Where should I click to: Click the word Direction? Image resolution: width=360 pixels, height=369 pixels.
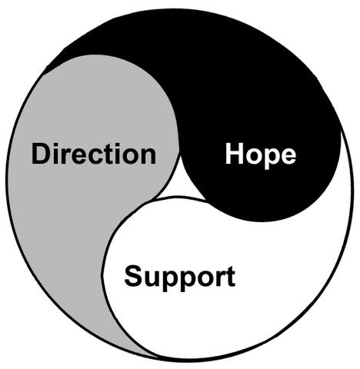(94, 154)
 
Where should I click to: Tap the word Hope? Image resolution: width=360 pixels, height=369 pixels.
(261, 155)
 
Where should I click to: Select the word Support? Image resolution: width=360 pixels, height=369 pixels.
(179, 278)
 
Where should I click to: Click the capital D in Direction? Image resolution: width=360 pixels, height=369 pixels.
(41, 154)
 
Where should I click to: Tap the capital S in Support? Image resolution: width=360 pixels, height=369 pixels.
(133, 276)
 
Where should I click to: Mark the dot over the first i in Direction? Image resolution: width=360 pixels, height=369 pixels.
(56, 145)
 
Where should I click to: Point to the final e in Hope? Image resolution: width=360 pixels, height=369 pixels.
(288, 156)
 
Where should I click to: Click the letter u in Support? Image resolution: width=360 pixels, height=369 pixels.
(152, 279)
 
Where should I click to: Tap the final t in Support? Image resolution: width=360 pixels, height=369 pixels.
(231, 277)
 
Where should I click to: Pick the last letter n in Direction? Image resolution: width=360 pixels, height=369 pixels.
(148, 156)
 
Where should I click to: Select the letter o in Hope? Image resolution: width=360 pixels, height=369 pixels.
(254, 156)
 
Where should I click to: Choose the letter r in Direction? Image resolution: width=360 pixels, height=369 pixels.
(66, 156)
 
